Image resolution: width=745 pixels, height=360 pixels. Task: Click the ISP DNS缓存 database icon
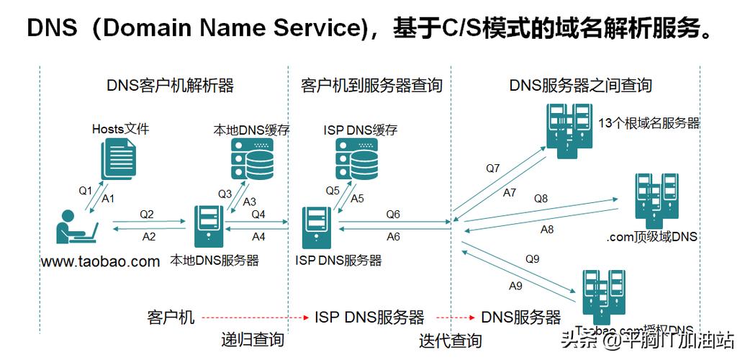click(357, 160)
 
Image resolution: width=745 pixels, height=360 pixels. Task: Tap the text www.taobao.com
click(101, 261)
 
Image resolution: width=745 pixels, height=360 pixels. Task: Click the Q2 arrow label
click(147, 214)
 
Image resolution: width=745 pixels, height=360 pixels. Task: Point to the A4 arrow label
click(258, 236)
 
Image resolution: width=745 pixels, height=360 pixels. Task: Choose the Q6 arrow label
click(393, 214)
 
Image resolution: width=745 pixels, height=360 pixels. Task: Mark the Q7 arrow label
click(492, 168)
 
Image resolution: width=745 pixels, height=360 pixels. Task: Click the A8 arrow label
click(547, 230)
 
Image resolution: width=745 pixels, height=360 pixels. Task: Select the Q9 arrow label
click(532, 258)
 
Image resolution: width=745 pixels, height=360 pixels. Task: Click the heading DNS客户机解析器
click(171, 86)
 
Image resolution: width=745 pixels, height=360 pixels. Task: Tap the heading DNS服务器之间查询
click(580, 86)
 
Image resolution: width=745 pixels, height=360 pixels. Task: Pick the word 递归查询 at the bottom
click(252, 339)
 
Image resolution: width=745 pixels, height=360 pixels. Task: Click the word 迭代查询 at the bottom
click(451, 339)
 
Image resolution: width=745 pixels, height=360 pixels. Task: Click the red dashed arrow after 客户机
click(254, 317)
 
